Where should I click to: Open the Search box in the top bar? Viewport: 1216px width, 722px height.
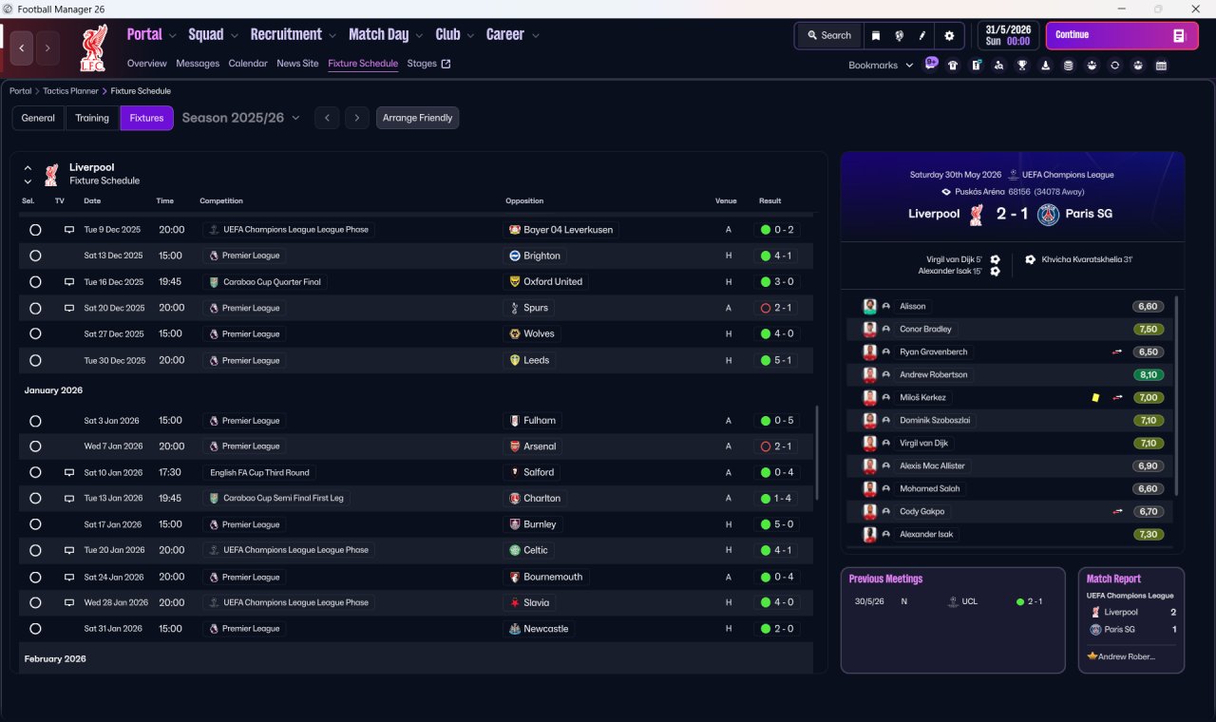828,35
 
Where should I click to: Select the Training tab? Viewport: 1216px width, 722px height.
92,118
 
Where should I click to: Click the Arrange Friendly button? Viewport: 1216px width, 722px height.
417,118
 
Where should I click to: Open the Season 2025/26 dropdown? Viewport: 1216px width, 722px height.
240,118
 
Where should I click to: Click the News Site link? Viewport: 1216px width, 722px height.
297,64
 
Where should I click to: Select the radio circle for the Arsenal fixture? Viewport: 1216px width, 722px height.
35,446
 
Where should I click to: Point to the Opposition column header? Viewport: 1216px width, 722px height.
524,201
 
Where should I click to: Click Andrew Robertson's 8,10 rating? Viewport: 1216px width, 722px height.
1148,375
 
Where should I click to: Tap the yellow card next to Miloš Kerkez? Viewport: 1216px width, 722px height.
1095,398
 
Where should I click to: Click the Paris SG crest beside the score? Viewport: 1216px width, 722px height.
1048,214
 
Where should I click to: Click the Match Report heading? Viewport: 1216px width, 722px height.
1113,579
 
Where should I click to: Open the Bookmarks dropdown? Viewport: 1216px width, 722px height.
881,66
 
